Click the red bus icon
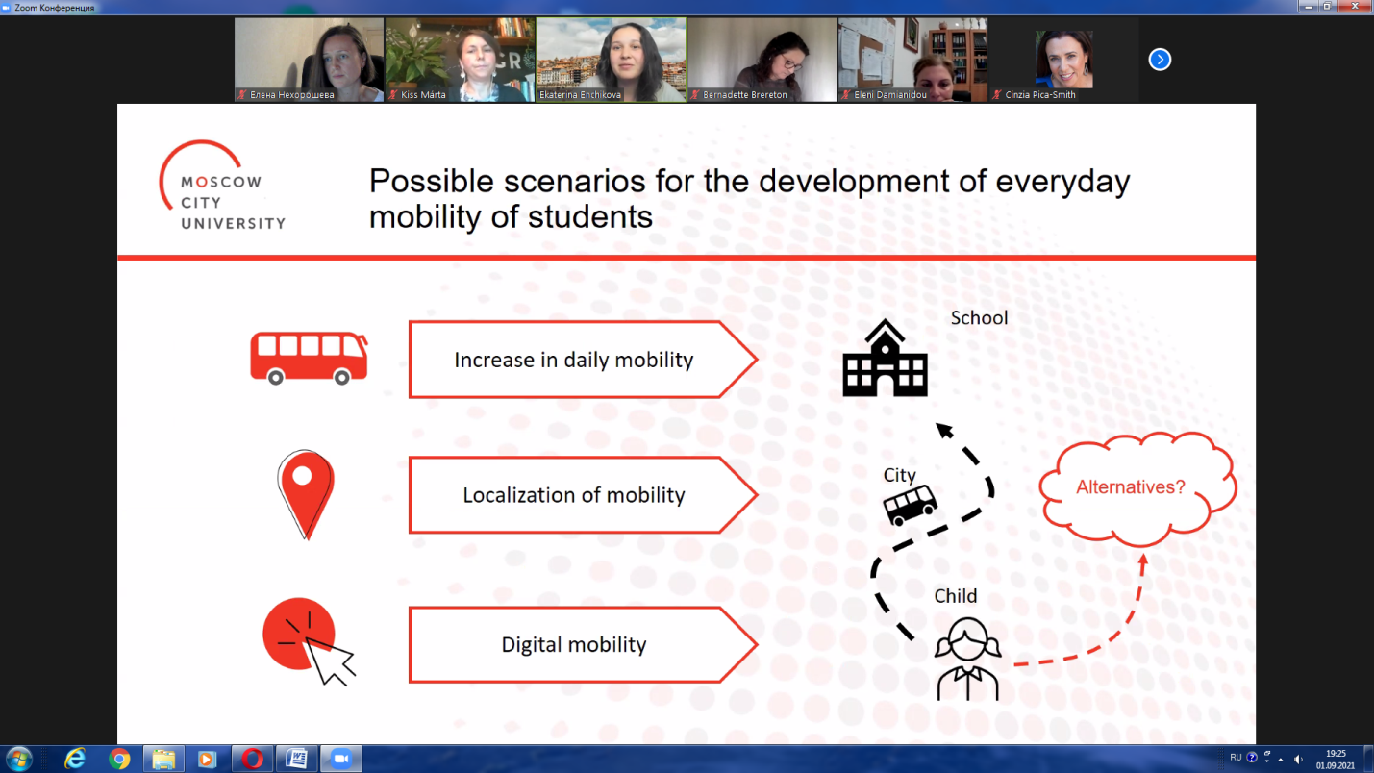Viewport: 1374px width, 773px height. [x=309, y=359]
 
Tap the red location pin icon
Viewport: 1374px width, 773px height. [x=306, y=494]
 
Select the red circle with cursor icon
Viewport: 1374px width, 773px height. [x=307, y=640]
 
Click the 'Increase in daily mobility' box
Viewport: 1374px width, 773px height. [x=583, y=360]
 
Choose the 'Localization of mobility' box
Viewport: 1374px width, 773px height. [x=583, y=495]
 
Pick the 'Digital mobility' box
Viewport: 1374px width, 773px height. [x=583, y=645]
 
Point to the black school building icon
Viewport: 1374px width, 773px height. [x=886, y=359]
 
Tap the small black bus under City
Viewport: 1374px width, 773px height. [x=910, y=506]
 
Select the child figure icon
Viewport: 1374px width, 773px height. [x=967, y=659]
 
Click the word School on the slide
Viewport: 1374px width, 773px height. [x=979, y=318]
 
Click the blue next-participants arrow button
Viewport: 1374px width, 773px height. [x=1160, y=60]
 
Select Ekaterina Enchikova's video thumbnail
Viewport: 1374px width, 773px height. [x=611, y=60]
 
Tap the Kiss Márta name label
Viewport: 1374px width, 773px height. [x=423, y=94]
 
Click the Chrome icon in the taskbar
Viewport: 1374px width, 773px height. [x=119, y=759]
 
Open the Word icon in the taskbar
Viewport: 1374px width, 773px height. [x=297, y=759]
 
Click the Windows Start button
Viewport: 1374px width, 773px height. [x=19, y=759]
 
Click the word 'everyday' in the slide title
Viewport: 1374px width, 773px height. [x=1062, y=182]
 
